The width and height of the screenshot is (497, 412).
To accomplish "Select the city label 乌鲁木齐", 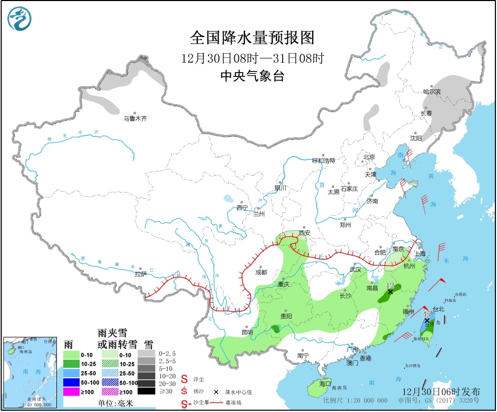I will coord(135,119).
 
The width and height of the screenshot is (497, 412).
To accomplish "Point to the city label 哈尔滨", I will coord(431,92).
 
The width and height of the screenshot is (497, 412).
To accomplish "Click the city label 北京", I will coord(369,157).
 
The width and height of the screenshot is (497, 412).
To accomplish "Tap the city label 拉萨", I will coord(140,274).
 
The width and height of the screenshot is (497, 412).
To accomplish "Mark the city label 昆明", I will coord(247,332).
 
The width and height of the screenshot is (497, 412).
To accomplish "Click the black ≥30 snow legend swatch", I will coord(147,391).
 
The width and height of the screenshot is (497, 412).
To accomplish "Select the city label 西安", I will coord(305,233).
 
